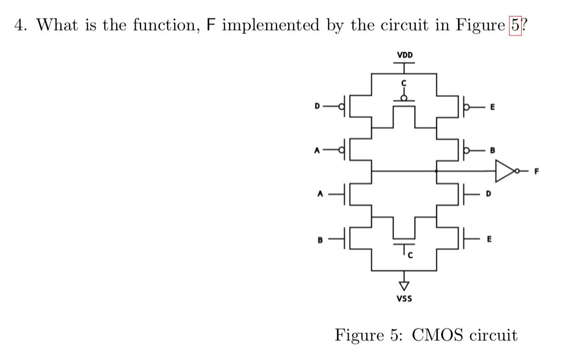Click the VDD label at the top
coord(404,55)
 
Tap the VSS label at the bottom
coord(404,298)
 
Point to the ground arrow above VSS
coord(404,284)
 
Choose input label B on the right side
coord(492,151)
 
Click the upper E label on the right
coord(492,107)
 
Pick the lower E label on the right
coord(489,239)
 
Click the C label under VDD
coord(404,83)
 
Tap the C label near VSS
coord(409,256)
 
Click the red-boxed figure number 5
coord(515,25)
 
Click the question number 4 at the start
coord(20,25)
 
